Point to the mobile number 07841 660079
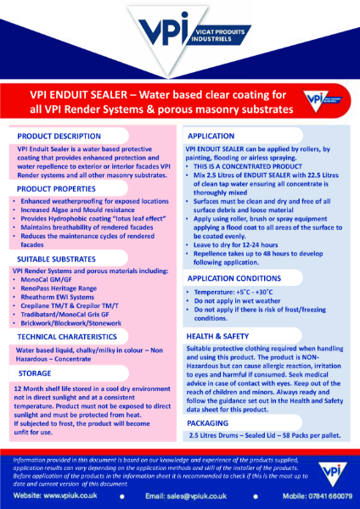(x=312, y=494)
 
